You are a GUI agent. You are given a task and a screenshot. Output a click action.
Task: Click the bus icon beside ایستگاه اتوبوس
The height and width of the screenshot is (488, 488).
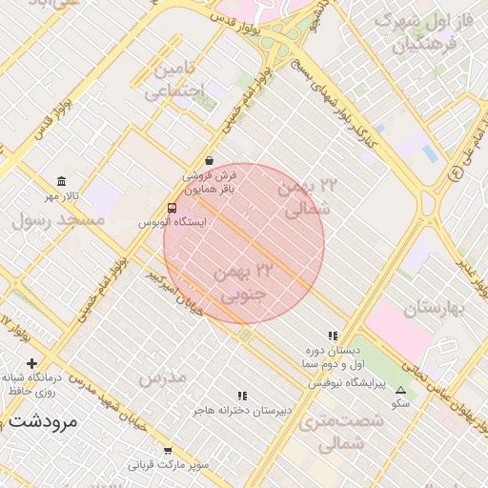[172, 208]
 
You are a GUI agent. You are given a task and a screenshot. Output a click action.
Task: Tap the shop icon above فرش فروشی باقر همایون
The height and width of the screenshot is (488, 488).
[209, 161]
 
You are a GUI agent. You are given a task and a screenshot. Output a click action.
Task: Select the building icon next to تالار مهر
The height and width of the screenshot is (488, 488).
[62, 181]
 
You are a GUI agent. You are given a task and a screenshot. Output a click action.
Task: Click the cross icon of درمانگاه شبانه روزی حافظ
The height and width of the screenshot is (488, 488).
[32, 363]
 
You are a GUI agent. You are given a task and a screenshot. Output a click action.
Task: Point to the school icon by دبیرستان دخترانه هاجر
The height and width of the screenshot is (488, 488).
[242, 396]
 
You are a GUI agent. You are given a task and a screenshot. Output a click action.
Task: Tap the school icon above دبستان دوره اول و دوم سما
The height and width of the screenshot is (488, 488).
[332, 336]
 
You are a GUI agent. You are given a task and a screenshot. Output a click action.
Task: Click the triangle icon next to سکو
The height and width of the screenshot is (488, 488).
[400, 390]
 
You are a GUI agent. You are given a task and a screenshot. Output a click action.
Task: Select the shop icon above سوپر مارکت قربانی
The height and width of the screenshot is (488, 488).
[168, 451]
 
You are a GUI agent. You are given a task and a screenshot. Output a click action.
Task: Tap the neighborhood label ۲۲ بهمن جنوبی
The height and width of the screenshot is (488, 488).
[247, 284]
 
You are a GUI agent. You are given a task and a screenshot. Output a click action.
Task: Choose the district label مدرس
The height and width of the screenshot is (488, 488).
[162, 378]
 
